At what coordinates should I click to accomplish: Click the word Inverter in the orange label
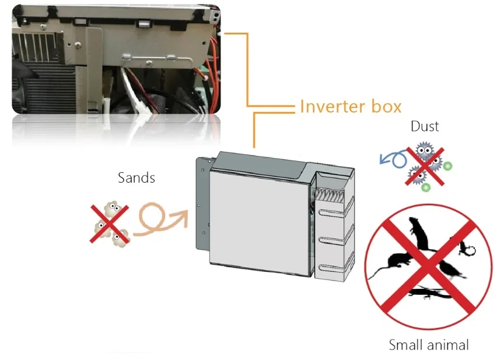point(334,106)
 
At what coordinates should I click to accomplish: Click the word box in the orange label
point(387,106)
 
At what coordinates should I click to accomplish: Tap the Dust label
point(425,126)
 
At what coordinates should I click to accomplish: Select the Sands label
point(136,177)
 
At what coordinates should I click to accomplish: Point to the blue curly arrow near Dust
point(393,159)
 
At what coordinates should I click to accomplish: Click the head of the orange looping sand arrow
point(180,218)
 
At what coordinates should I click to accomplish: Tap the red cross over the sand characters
point(109,224)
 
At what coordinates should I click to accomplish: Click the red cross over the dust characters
point(425,166)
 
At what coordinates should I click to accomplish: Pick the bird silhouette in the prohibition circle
point(453,268)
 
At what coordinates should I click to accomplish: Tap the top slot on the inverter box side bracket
point(331,214)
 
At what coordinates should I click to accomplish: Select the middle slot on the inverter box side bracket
point(331,241)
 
